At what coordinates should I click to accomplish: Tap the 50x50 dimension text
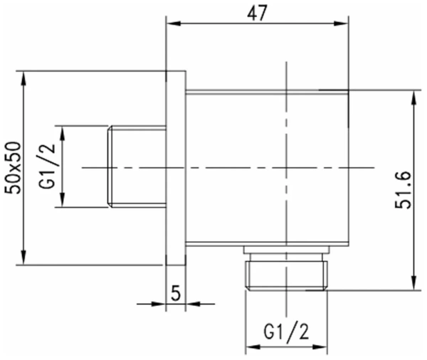[12, 168]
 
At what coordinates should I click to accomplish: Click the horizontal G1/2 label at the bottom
[285, 332]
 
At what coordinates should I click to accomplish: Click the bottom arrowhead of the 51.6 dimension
[413, 285]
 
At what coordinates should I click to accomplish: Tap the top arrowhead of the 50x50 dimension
[25, 75]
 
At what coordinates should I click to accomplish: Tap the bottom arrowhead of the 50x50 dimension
[25, 260]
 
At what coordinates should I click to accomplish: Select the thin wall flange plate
[176, 168]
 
